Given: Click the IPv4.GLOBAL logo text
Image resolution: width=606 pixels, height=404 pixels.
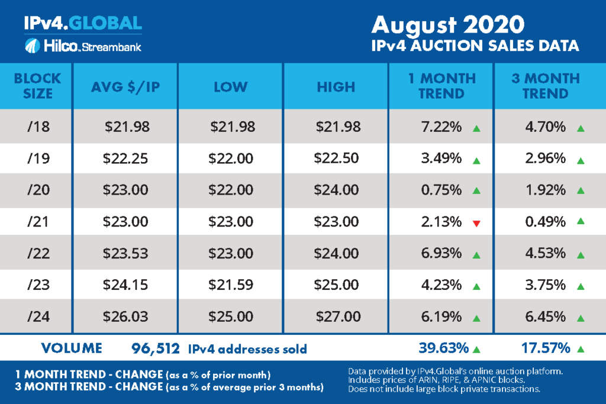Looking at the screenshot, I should (82, 23).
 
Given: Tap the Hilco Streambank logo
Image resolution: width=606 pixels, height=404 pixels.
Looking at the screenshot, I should (82, 46).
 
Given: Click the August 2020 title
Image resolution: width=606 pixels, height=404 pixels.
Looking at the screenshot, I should (448, 24).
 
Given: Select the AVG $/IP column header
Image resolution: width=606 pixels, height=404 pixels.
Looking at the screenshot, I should (125, 86).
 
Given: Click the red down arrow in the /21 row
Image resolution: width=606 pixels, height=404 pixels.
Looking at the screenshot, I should (475, 222).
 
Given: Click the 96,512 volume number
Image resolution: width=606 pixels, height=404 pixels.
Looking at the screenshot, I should (155, 348).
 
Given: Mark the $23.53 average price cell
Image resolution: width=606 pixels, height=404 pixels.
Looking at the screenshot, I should (125, 254).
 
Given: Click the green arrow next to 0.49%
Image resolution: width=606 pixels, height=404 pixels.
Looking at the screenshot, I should (581, 222).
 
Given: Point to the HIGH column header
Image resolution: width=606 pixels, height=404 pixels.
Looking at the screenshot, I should (336, 86).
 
